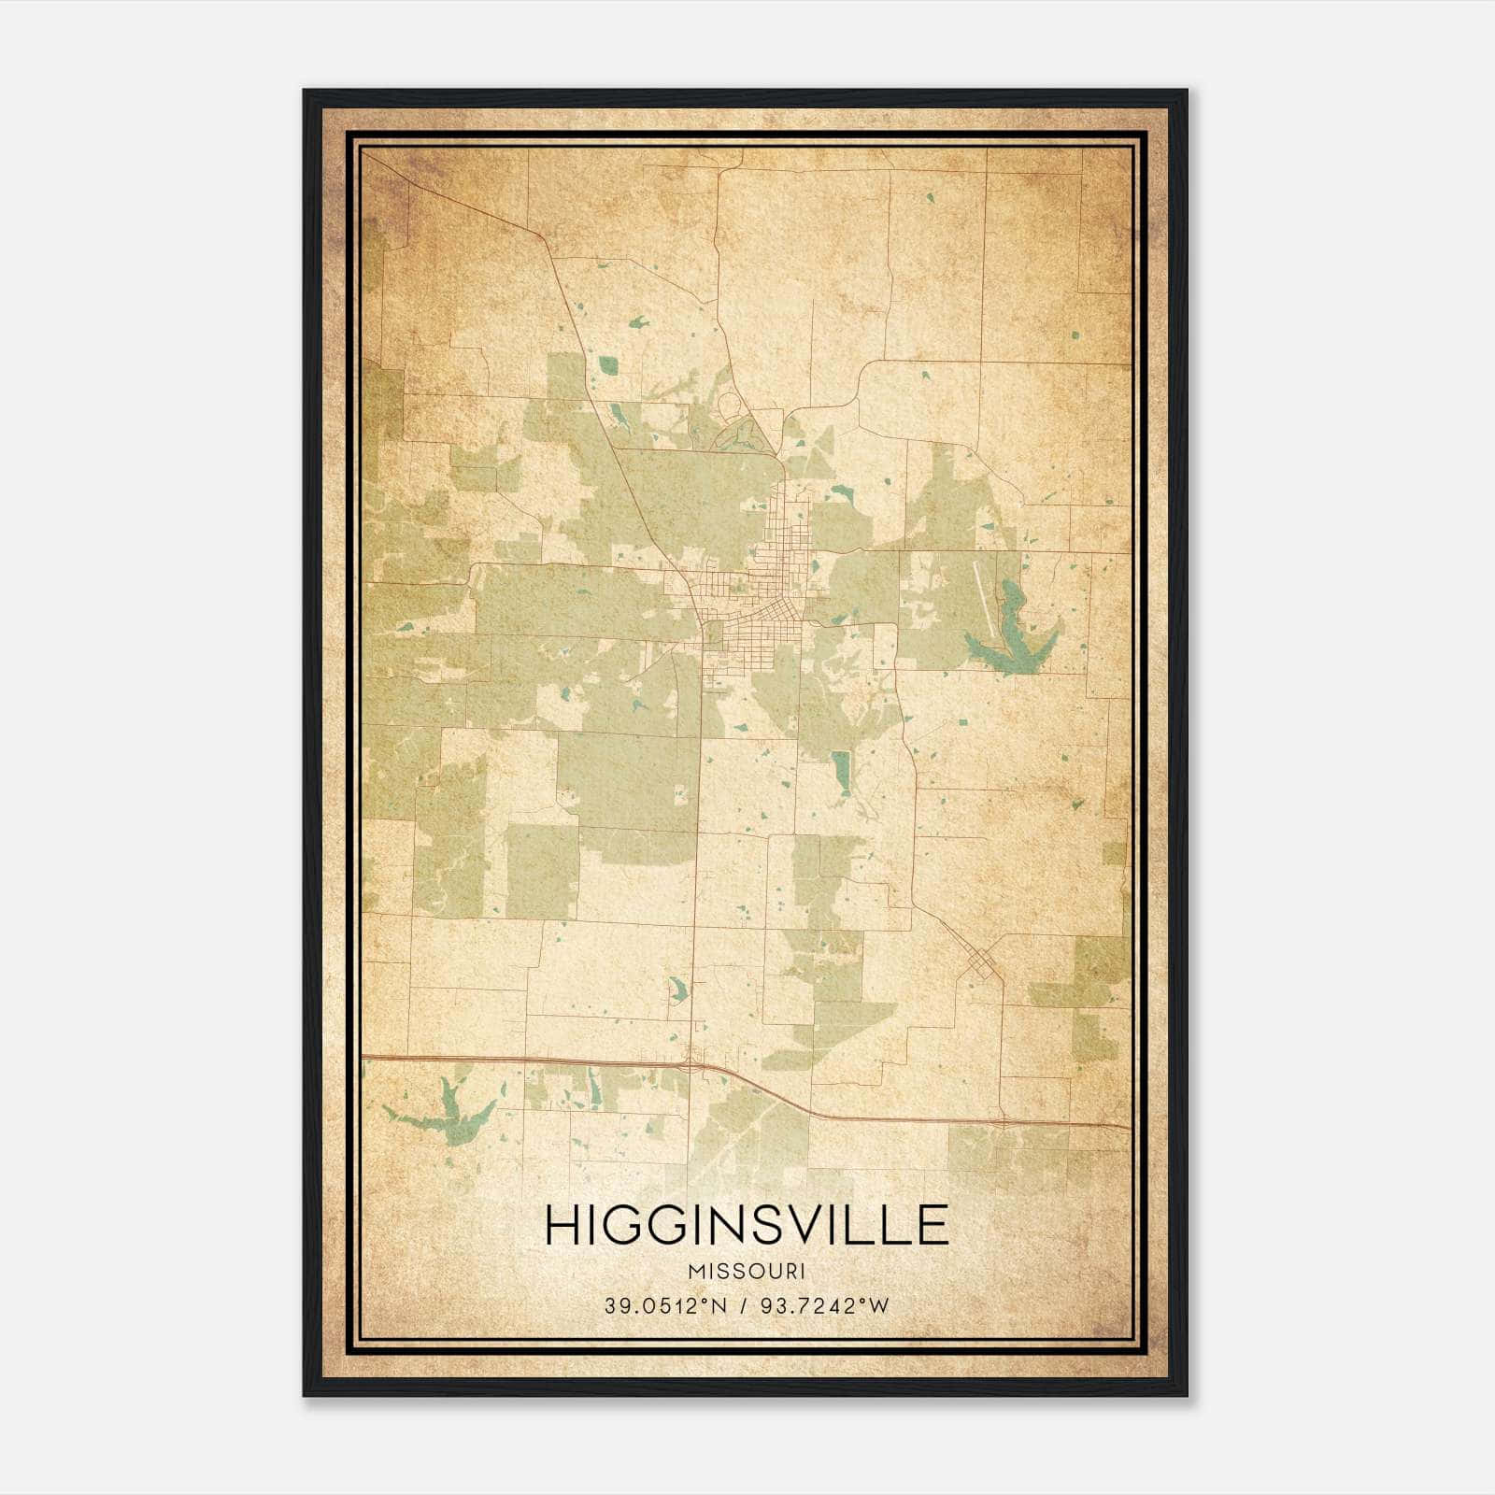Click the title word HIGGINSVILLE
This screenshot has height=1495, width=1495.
pos(747,1224)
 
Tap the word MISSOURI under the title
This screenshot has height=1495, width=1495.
pos(747,1271)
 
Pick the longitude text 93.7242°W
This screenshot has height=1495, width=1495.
pos(825,1306)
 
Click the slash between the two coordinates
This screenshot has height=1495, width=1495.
pos(744,1306)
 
